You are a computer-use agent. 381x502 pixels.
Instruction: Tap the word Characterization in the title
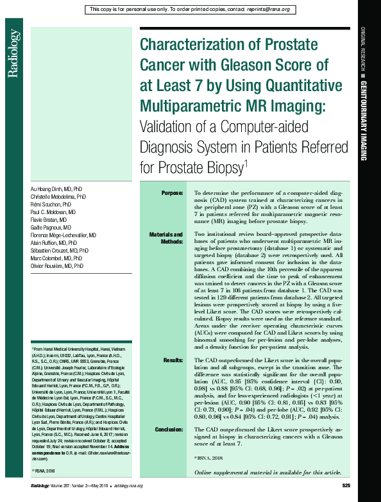coord(196,46)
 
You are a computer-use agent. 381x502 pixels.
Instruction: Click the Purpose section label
coord(172,192)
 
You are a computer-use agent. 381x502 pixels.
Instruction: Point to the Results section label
coord(173,361)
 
